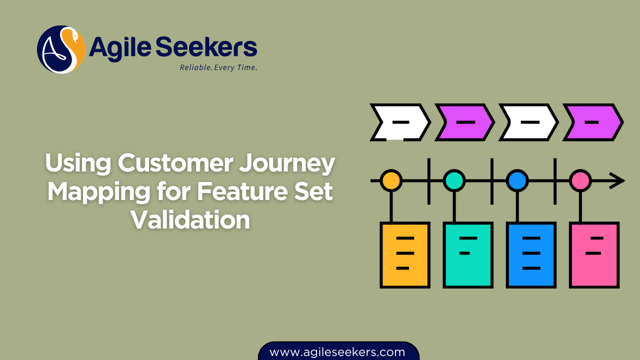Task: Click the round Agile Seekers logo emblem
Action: click(x=61, y=49)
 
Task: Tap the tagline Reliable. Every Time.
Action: click(x=218, y=67)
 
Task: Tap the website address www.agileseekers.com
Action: click(x=337, y=352)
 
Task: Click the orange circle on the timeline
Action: click(x=391, y=180)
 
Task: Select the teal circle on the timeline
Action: click(x=454, y=180)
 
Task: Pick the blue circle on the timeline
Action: click(x=517, y=180)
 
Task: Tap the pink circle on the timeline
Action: click(x=580, y=180)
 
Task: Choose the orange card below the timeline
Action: click(x=405, y=255)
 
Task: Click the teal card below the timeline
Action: click(x=468, y=255)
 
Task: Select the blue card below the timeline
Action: click(x=531, y=255)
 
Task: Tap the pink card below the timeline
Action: click(x=594, y=255)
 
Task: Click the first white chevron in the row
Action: click(x=399, y=122)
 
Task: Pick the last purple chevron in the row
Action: click(x=592, y=122)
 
